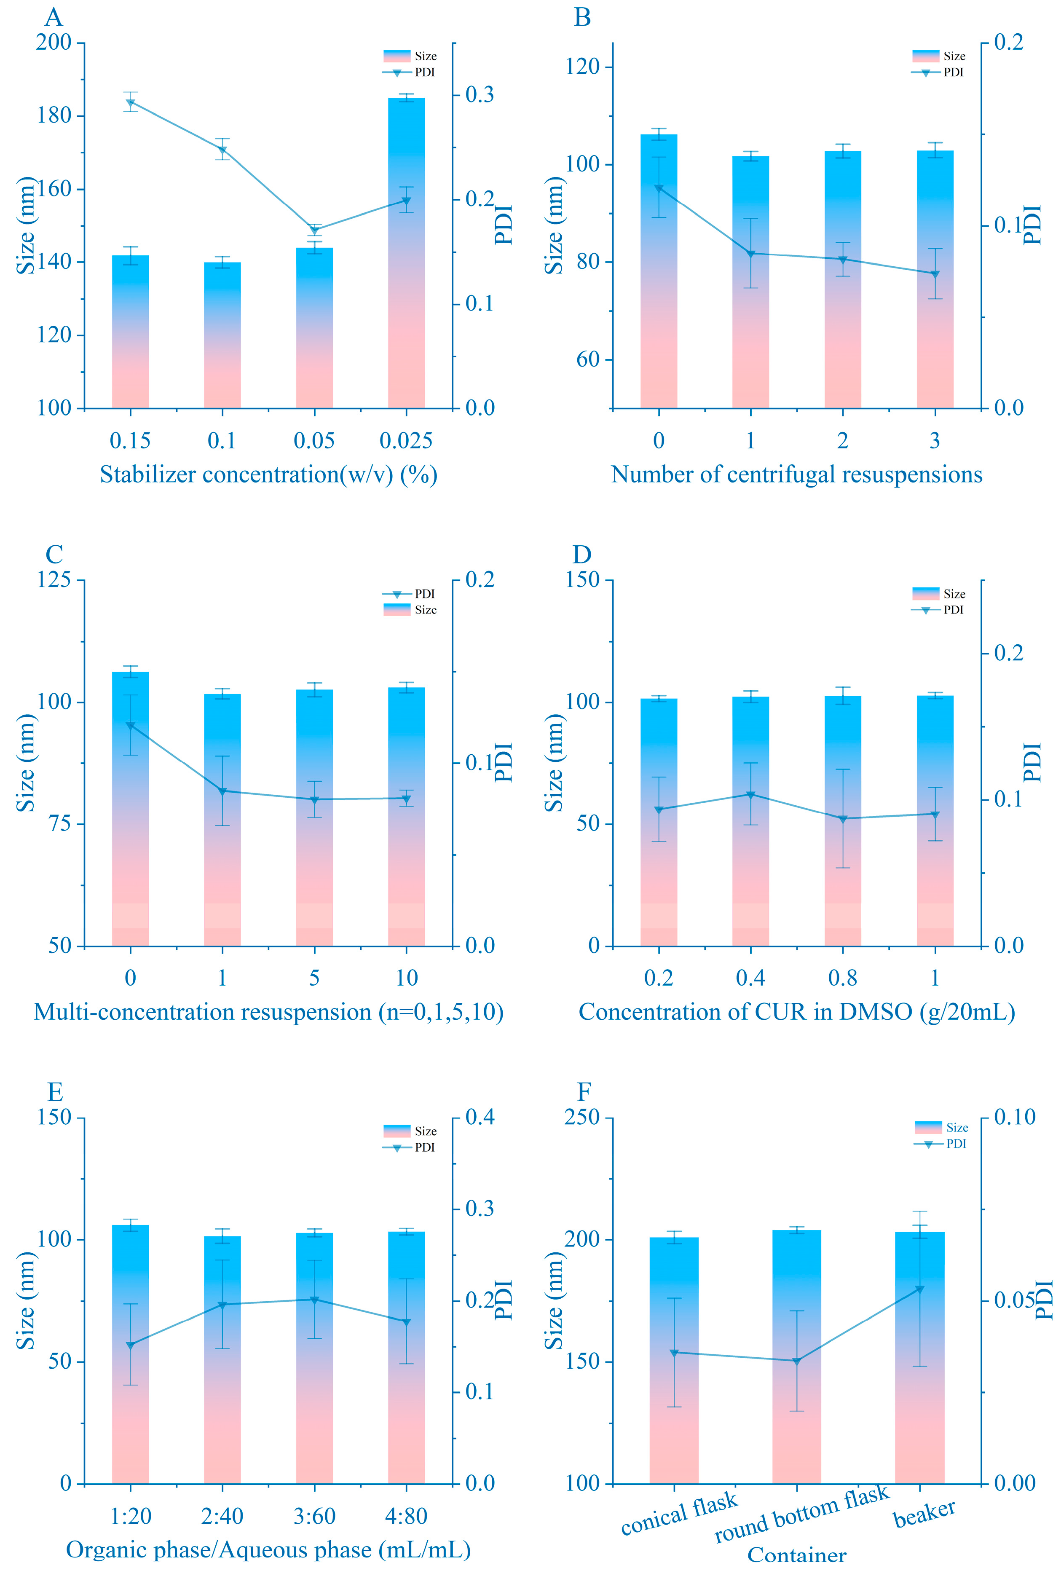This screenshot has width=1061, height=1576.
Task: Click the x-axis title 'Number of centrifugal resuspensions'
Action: pos(796,474)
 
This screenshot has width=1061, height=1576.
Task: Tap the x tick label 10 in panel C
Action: pos(406,978)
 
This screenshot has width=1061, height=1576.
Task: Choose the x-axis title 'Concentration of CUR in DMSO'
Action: pos(796,1012)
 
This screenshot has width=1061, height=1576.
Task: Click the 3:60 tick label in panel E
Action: pos(314,1516)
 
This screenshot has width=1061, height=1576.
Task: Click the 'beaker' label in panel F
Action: pos(924,1513)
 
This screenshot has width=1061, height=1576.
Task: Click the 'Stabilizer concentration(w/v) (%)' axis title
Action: pos(269,474)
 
